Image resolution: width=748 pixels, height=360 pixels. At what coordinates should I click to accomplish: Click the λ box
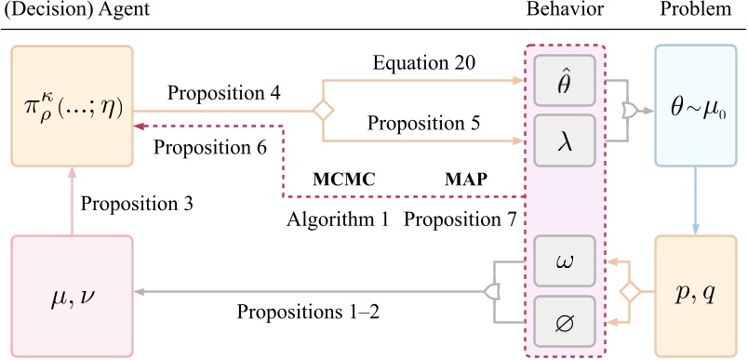point(565,140)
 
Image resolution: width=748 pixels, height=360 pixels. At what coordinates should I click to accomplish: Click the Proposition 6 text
point(210,146)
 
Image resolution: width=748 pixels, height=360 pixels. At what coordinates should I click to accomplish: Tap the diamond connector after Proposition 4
point(322,111)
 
